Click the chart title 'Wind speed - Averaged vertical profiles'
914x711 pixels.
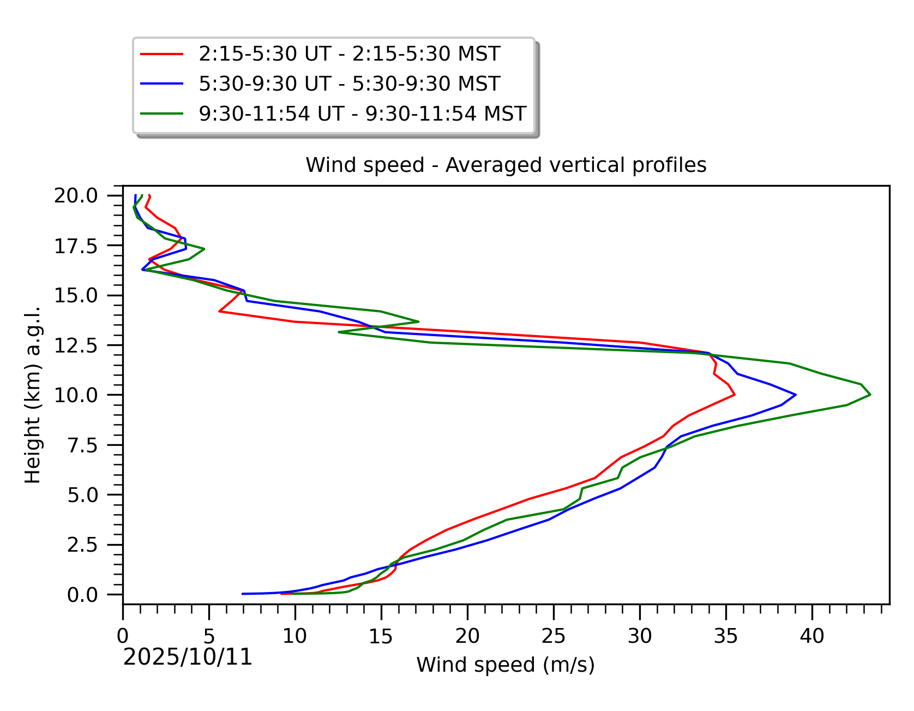(x=506, y=165)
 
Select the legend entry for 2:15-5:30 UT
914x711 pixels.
(x=349, y=54)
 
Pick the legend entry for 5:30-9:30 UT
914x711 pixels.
(x=349, y=83)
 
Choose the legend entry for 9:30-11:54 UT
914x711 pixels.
(x=362, y=113)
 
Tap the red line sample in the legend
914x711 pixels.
(x=162, y=54)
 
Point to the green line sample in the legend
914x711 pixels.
(x=162, y=113)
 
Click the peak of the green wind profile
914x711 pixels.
(x=870, y=395)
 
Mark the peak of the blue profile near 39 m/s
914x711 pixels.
(x=796, y=395)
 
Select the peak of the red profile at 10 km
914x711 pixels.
(x=735, y=395)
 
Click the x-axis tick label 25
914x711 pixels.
(x=554, y=636)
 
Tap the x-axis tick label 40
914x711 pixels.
(x=812, y=636)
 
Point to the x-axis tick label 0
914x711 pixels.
(x=123, y=636)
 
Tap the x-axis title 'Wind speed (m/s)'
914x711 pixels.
(x=506, y=665)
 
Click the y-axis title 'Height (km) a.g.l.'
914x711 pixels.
(x=33, y=395)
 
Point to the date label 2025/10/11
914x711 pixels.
(x=188, y=658)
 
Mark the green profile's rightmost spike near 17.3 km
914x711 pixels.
(x=204, y=249)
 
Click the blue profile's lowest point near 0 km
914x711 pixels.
(x=243, y=594)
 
